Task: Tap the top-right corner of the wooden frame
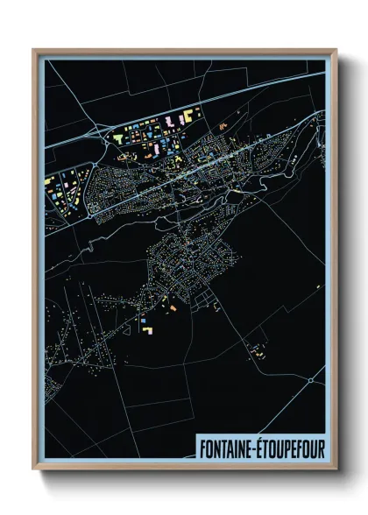[x=336, y=51]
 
